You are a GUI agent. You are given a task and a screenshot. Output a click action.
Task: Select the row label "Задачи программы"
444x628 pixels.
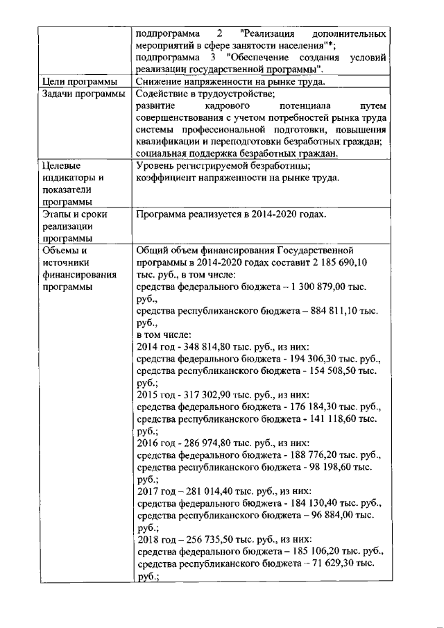click(84, 94)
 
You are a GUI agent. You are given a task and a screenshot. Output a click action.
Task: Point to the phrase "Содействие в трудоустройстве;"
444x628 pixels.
click(206, 94)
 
